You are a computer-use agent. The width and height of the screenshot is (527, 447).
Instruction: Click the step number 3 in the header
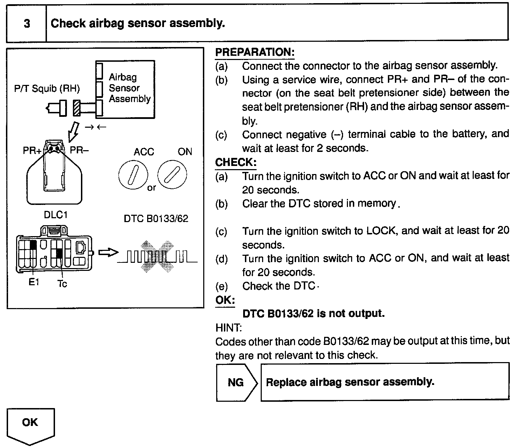(x=27, y=24)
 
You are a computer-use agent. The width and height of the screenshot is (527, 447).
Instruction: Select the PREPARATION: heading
(x=254, y=52)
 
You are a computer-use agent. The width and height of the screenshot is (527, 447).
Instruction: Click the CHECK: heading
(x=235, y=162)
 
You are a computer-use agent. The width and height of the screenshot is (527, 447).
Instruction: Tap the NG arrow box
(x=236, y=382)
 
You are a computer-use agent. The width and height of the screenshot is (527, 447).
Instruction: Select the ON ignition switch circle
(x=172, y=174)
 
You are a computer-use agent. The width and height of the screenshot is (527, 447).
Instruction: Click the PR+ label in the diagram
(x=32, y=151)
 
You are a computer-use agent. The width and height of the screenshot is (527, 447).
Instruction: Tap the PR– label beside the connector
(x=79, y=151)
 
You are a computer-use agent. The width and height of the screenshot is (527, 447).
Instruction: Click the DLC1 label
(x=56, y=215)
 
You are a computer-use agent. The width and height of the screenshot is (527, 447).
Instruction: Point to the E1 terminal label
(x=34, y=282)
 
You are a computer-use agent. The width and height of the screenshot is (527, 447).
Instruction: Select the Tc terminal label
(x=62, y=283)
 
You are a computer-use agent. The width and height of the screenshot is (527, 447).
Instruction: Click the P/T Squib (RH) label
(x=47, y=88)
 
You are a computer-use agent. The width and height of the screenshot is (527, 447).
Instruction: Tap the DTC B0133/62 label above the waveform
(x=156, y=219)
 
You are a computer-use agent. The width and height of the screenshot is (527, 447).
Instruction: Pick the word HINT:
(x=228, y=328)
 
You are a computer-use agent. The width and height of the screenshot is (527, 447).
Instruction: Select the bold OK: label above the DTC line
(x=225, y=300)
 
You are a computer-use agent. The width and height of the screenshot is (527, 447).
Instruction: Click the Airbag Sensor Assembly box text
(x=129, y=88)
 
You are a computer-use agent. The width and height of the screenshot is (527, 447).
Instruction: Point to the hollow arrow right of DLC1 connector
(x=107, y=253)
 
